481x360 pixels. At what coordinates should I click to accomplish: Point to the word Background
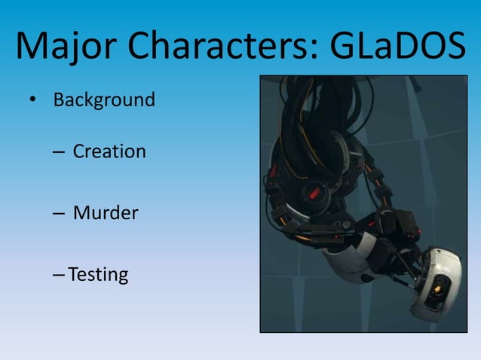104,99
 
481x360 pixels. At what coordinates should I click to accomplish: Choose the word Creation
109,151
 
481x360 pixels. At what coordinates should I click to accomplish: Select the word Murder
106,213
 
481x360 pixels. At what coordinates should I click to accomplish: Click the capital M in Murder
81,213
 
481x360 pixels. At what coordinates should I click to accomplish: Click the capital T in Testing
72,275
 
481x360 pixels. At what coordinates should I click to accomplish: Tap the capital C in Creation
79,151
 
